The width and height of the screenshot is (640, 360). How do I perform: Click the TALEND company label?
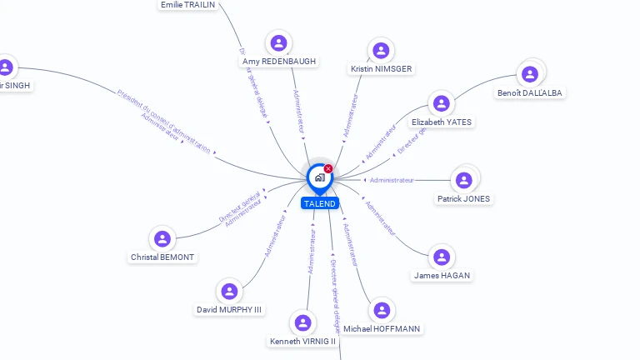pos(320,203)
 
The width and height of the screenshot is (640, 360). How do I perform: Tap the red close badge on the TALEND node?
pos(328,169)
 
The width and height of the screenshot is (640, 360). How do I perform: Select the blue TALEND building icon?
pos(319,177)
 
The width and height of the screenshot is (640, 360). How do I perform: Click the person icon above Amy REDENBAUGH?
pos(278,42)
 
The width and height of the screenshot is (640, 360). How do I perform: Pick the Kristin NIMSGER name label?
pos(382,68)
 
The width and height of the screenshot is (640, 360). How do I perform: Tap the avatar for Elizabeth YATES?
pos(442,103)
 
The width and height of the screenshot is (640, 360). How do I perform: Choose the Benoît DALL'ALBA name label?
pos(530,92)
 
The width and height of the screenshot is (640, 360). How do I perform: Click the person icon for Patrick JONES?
pos(464,179)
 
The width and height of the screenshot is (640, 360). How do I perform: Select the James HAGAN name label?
pos(442,275)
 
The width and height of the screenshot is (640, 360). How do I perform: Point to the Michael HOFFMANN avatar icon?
pos(382,310)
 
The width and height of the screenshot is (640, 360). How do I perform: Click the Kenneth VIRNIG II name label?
pos(302,341)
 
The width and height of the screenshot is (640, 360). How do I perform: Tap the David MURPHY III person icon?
pos(229,291)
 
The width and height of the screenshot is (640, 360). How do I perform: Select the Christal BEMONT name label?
pos(162,257)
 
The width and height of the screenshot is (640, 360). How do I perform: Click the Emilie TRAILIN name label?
pos(187,5)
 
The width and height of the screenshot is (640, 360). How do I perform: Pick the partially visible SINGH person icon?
pos(6,67)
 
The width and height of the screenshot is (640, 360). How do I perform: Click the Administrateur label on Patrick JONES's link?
pos(392,180)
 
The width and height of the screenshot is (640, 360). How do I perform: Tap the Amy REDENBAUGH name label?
pos(279,62)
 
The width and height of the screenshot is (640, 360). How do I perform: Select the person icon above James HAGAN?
pos(442,257)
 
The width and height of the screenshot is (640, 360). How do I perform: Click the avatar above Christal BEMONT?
pos(162,239)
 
